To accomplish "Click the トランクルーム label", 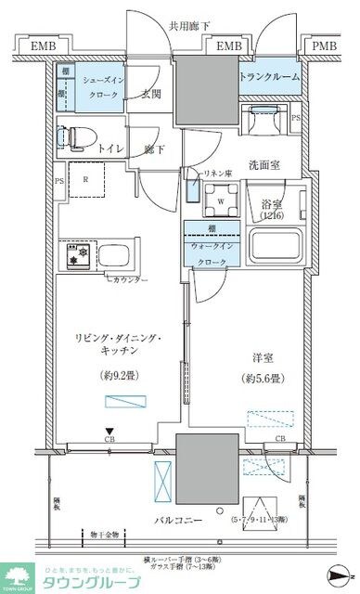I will (x=270, y=77).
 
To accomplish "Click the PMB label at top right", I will (x=325, y=46).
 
